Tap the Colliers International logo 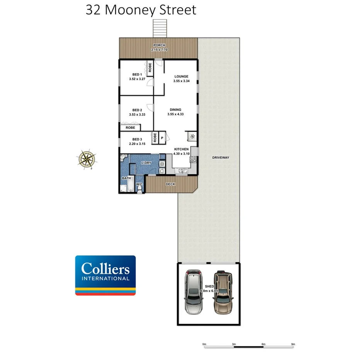pyautogui.click(x=105, y=275)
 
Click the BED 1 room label pyautogui.click(x=137, y=75)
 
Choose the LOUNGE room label pyautogui.click(x=181, y=76)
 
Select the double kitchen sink pyautogui.click(x=183, y=171)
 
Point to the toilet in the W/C pyautogui.click(x=139, y=189)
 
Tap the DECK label pyautogui.click(x=170, y=184)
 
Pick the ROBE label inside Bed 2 pyautogui.click(x=130, y=127)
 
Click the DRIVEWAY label pyautogui.click(x=221, y=158)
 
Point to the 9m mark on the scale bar pyautogui.click(x=293, y=344)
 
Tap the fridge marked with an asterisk pyautogui.click(x=192, y=136)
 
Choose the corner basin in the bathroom pyautogui.click(x=122, y=156)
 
